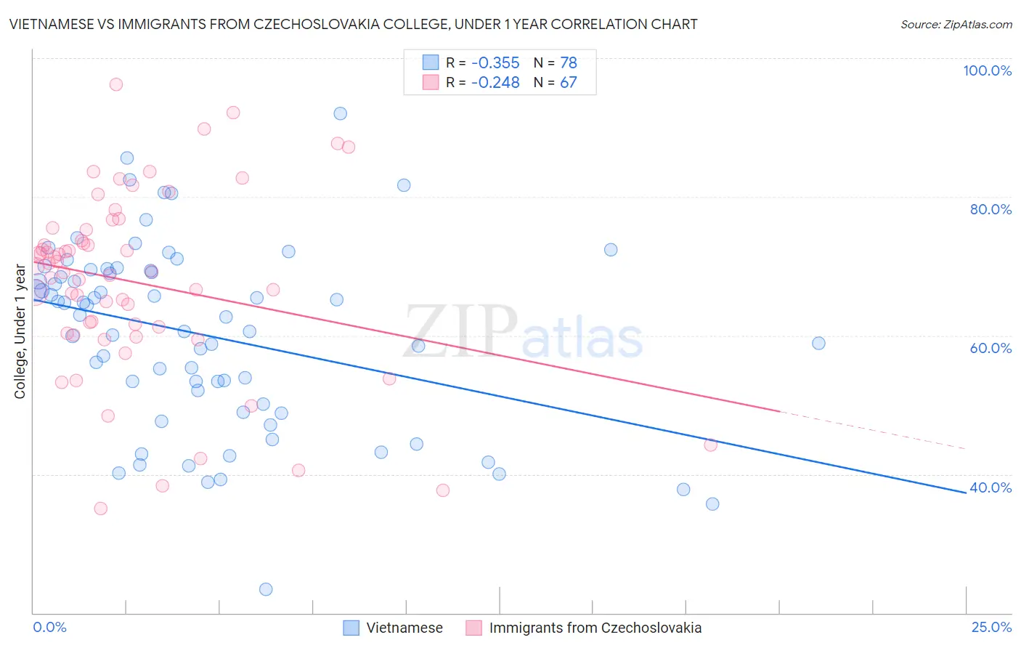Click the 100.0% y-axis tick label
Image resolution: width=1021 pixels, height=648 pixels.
click(987, 70)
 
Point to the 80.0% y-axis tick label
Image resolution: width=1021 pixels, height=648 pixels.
click(991, 209)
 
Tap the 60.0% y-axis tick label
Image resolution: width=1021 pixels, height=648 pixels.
click(991, 348)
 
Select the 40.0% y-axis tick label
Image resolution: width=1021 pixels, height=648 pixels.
click(991, 487)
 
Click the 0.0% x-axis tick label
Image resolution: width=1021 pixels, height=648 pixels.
click(49, 627)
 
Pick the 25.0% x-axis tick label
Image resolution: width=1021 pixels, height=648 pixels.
click(991, 627)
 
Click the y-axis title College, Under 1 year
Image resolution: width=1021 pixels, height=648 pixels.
click(20, 332)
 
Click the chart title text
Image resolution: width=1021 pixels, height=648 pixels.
click(353, 24)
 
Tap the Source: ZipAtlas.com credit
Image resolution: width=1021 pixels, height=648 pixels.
click(956, 25)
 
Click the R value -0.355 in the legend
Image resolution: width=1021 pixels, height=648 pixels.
click(495, 62)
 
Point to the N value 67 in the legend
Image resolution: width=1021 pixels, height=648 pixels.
click(568, 83)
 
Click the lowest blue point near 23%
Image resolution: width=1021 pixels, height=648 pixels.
click(266, 589)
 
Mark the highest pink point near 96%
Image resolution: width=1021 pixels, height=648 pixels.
click(115, 84)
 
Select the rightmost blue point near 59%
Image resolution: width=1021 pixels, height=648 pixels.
click(818, 343)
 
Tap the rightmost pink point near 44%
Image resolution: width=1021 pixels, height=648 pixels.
click(710, 445)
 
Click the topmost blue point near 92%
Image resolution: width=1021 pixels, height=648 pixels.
click(340, 113)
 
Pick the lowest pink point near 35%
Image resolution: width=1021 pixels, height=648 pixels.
click(101, 509)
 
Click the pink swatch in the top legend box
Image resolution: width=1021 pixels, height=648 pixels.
click(431, 83)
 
